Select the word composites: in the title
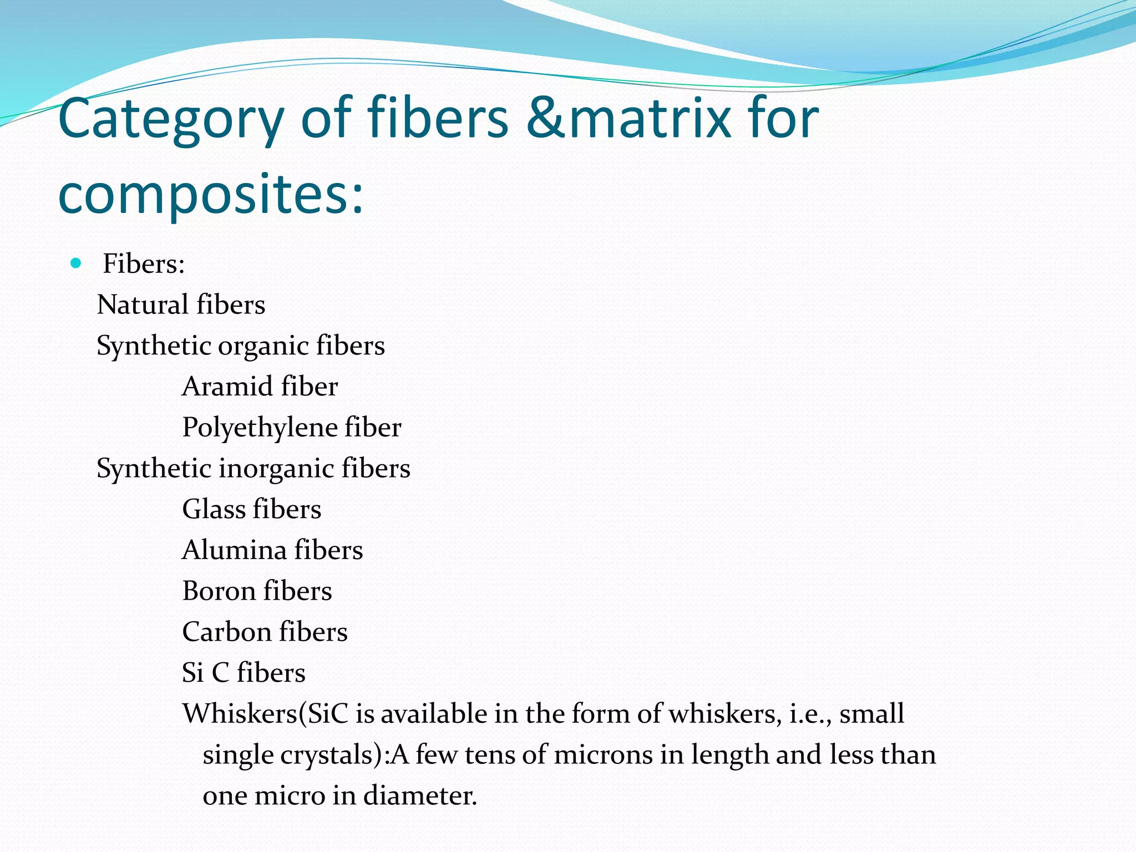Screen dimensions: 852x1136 point(211,194)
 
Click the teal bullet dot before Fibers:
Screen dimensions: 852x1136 point(76,262)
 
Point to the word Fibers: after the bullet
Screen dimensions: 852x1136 point(144,263)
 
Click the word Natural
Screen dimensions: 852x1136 point(143,305)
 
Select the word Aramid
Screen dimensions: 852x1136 point(227,386)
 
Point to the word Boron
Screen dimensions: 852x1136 point(219,591)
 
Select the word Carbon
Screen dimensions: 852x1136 point(226,632)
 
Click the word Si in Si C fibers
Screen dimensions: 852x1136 point(192,673)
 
